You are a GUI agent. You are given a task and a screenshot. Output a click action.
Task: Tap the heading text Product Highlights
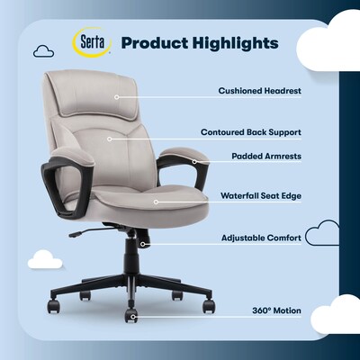tap(199, 43)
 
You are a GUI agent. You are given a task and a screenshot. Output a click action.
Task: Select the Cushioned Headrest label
tap(259, 91)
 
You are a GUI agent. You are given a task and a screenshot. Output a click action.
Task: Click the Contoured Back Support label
tap(250, 131)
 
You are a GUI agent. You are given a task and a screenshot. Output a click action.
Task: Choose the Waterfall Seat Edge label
tap(260, 194)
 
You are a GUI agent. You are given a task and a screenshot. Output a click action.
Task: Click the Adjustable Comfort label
tap(262, 238)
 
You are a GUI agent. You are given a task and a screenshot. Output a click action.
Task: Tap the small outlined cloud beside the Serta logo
tap(43, 51)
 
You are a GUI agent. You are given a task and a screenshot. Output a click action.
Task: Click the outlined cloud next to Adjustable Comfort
tap(321, 237)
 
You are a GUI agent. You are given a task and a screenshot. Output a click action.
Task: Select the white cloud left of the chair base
tap(44, 260)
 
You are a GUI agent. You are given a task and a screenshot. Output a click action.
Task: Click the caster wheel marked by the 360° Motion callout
tap(131, 316)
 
